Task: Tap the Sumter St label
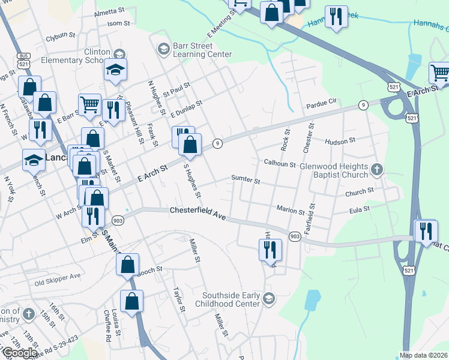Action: click(246, 179)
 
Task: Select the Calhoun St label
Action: click(280, 163)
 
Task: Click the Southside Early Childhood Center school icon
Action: click(269, 298)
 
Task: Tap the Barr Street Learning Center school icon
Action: click(163, 48)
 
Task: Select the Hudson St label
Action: click(340, 141)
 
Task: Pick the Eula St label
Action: click(360, 209)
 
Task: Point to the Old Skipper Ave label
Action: click(57, 277)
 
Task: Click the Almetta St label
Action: click(109, 12)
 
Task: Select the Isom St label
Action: click(118, 23)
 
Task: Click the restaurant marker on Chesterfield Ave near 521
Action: click(426, 232)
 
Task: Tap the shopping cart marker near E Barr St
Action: click(89, 105)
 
